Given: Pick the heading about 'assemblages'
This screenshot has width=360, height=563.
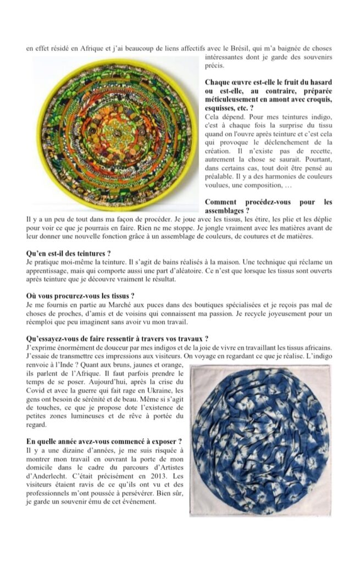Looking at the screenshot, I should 268,206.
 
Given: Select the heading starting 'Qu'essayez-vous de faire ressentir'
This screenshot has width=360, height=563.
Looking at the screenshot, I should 117,338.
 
